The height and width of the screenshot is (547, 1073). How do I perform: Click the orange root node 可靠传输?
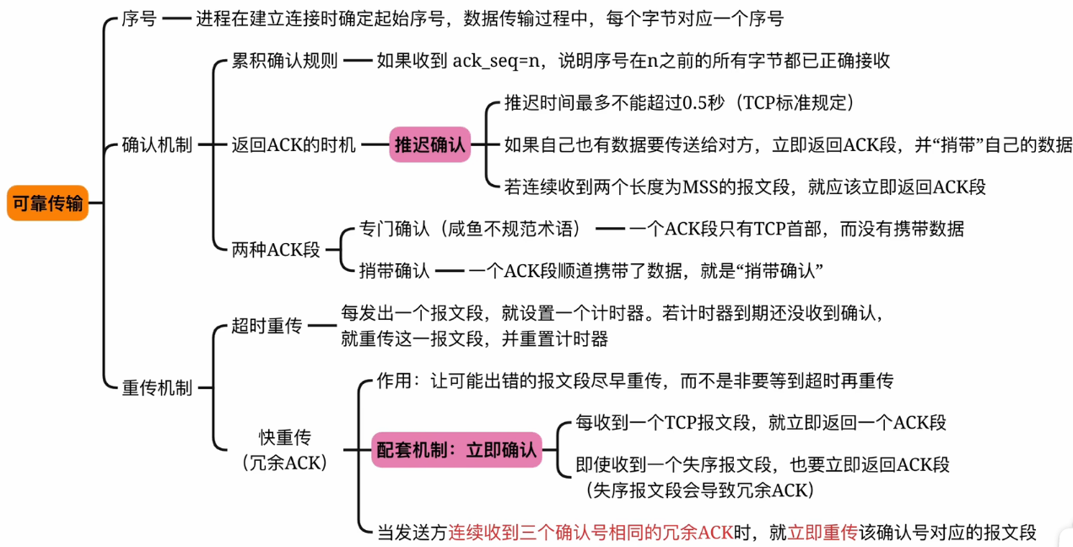[47, 203]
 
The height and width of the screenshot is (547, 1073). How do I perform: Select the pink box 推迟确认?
[429, 145]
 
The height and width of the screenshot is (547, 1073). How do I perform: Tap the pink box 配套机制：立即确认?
[456, 450]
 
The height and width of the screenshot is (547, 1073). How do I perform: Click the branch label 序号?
[139, 19]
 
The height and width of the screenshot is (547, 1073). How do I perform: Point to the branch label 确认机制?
[157, 145]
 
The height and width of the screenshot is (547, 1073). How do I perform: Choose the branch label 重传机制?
[157, 388]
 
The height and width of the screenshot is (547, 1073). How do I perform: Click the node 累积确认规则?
[284, 61]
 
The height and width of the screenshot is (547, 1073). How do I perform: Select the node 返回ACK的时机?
[294, 145]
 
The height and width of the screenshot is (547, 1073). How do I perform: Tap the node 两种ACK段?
[276, 250]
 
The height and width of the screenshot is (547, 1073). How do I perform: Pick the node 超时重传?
[267, 326]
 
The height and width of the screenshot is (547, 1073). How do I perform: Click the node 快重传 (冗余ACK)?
[284, 450]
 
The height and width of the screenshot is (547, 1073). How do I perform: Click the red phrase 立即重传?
[822, 533]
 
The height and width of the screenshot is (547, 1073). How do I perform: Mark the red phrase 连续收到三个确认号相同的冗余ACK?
[590, 533]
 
